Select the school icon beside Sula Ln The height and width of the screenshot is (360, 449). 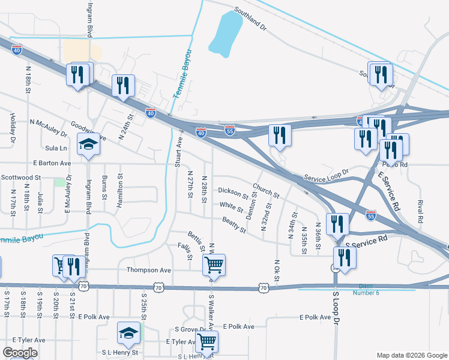(x=88, y=146)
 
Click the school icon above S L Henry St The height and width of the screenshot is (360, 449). (x=128, y=334)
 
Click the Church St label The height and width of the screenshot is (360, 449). (x=266, y=191)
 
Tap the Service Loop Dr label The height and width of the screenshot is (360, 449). (x=326, y=175)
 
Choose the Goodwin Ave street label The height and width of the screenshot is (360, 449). (x=88, y=133)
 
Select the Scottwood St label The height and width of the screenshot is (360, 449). (x=20, y=178)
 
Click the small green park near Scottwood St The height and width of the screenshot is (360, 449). (x=59, y=182)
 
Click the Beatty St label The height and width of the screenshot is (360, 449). (x=234, y=226)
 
